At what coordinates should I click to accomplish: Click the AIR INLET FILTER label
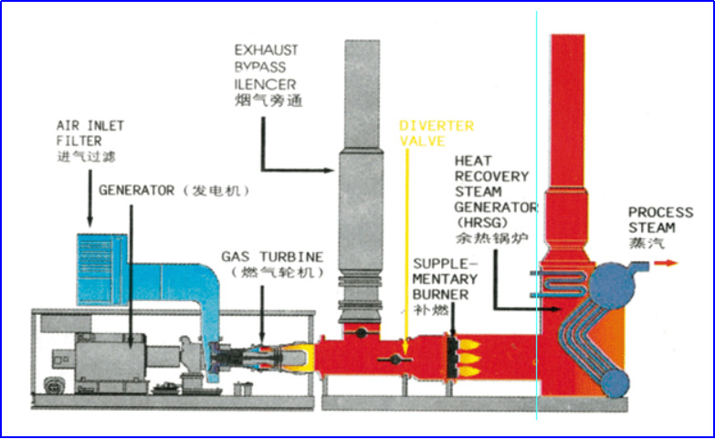click(x=90, y=132)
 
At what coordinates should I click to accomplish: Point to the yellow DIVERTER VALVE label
click(x=436, y=133)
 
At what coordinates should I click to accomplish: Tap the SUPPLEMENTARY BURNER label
click(x=440, y=278)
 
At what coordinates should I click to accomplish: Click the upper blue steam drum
click(x=613, y=285)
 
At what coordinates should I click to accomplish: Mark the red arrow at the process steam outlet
click(x=667, y=264)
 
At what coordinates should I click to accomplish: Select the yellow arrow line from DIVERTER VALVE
click(x=405, y=246)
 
